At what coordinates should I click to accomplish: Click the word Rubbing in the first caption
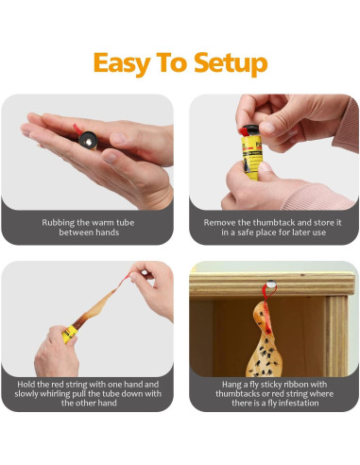[x=59, y=223]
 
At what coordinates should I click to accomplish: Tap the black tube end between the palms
[x=88, y=141]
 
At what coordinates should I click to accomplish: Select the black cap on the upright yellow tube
[x=251, y=129]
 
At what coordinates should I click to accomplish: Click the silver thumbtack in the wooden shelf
[x=271, y=284]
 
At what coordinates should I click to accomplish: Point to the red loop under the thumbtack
[x=268, y=296]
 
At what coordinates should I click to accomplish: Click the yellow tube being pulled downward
[x=70, y=334]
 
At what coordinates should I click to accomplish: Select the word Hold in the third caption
[x=26, y=385]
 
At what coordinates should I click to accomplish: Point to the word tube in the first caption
[x=126, y=223]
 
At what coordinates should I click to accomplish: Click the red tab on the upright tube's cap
[x=244, y=130]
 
